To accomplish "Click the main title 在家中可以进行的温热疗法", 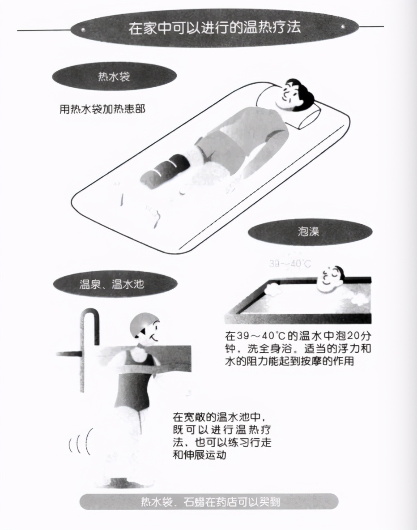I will [x=214, y=28].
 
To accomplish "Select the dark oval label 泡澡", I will [x=308, y=232].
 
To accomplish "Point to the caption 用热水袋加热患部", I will [x=102, y=109].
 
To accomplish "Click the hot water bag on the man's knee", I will [x=162, y=170].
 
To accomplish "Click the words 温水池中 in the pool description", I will [x=242, y=417].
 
